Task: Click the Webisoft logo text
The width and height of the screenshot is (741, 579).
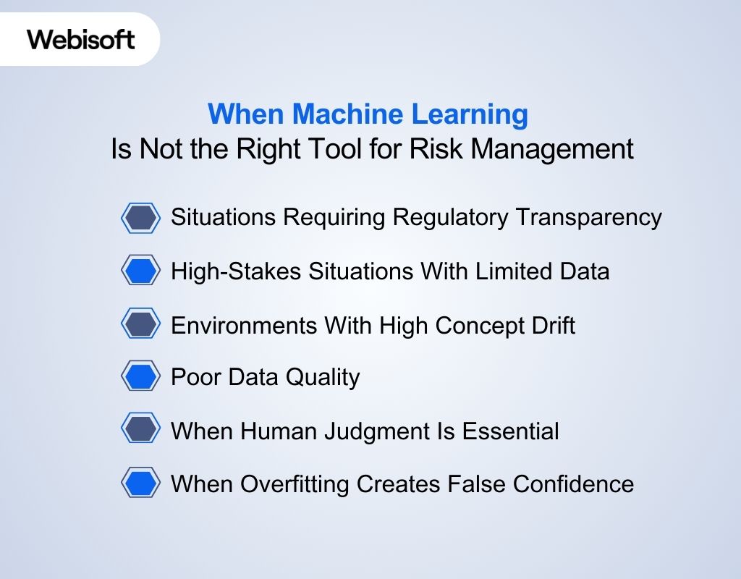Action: (81, 38)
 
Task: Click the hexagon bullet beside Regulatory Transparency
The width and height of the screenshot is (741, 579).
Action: (140, 217)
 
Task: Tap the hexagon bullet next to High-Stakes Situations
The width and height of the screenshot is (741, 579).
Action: (140, 271)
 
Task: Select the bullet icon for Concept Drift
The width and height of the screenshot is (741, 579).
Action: (140, 324)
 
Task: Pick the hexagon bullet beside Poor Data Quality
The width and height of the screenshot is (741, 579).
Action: (140, 376)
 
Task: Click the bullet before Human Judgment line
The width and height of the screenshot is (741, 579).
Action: (140, 430)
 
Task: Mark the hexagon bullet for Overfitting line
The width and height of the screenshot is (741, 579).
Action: (140, 483)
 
